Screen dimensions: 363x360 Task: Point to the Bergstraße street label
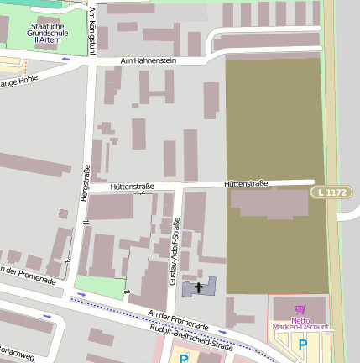coord(84,181)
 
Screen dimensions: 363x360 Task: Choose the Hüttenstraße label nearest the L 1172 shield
coord(246,183)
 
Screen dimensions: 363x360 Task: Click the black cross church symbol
coord(199,288)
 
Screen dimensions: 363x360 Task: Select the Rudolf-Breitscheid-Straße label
coord(190,338)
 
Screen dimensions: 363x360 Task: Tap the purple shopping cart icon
coord(300,309)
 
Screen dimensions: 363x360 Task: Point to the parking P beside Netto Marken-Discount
coord(303,344)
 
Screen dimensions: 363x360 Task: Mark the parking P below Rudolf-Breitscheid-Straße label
coord(183,357)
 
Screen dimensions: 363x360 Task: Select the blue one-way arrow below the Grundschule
coord(67,59)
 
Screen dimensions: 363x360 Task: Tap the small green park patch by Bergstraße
coord(99,287)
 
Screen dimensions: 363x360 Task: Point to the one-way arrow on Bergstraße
coord(86,223)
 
